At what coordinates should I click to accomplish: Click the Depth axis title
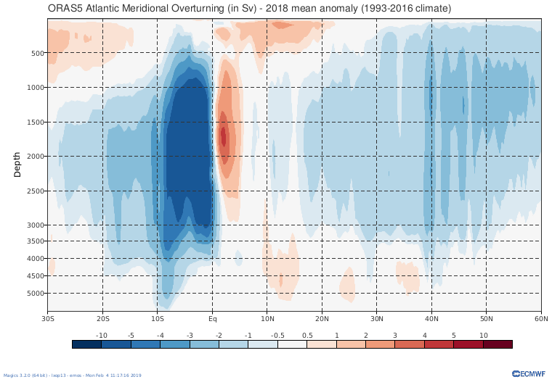(x=17, y=165)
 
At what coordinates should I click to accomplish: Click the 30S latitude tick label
(x=48, y=318)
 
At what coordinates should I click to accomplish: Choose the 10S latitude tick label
(x=158, y=318)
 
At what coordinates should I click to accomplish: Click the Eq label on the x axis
(x=213, y=318)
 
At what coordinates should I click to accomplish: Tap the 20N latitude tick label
(x=322, y=318)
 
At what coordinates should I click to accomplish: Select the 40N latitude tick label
(x=432, y=318)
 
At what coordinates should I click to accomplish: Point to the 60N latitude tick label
(x=541, y=318)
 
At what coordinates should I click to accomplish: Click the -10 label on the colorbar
(x=102, y=335)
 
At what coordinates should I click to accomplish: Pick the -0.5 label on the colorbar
(x=277, y=335)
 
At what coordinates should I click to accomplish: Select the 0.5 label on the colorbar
(x=307, y=335)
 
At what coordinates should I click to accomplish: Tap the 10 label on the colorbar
(x=483, y=335)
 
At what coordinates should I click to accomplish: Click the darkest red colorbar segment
(x=498, y=344)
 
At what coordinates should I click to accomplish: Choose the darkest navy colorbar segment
(x=87, y=344)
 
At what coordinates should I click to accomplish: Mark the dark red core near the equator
(x=224, y=136)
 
